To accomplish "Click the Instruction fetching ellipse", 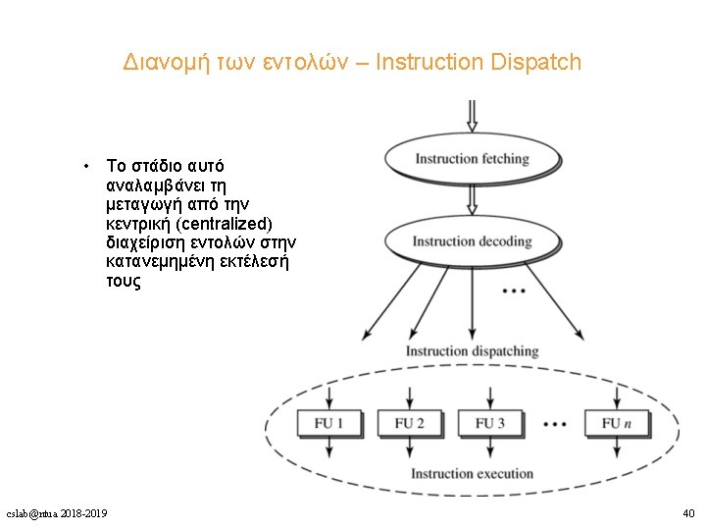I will click(x=472, y=159).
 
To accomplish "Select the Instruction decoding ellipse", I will click(x=472, y=241).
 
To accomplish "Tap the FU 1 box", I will click(x=328, y=423).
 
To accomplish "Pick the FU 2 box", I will click(x=409, y=423).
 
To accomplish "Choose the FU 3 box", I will click(x=490, y=423).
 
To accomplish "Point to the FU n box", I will click(x=617, y=423).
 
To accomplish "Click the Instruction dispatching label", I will click(x=472, y=351).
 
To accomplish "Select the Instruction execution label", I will click(x=472, y=474).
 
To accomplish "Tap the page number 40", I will click(x=687, y=513).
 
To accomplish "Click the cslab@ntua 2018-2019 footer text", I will click(x=57, y=513).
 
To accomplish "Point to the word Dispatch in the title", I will click(x=538, y=63).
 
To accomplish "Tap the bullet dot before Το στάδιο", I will click(x=88, y=166).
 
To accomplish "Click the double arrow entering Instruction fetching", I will click(x=472, y=116).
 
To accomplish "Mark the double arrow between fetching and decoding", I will click(x=472, y=199).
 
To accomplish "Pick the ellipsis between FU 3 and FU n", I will click(x=554, y=424).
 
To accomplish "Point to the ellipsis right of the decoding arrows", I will click(x=513, y=291).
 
